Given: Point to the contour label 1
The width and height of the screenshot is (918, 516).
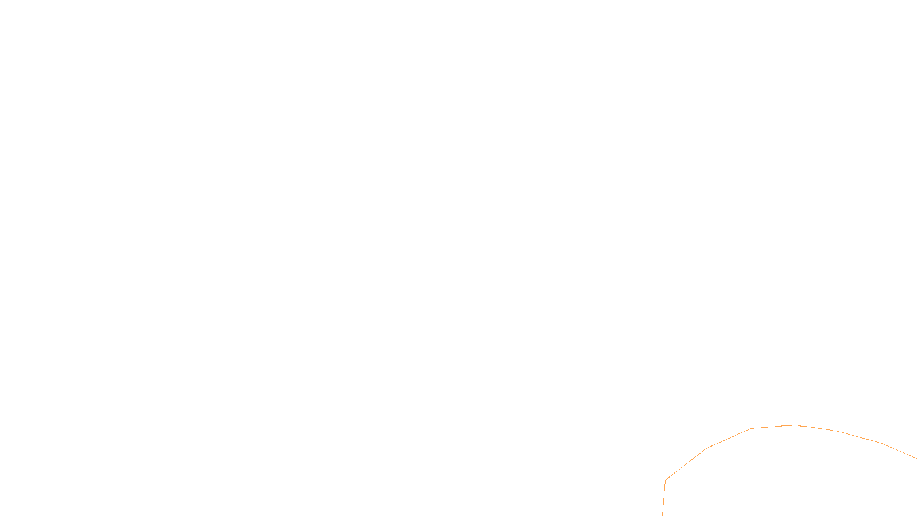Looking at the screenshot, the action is [x=795, y=425].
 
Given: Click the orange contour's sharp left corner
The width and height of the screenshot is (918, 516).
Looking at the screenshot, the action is [x=666, y=480].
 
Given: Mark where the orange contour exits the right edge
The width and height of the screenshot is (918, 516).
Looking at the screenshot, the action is [x=917, y=459].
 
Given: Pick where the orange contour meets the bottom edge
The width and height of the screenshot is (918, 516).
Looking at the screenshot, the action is [x=663, y=515].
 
